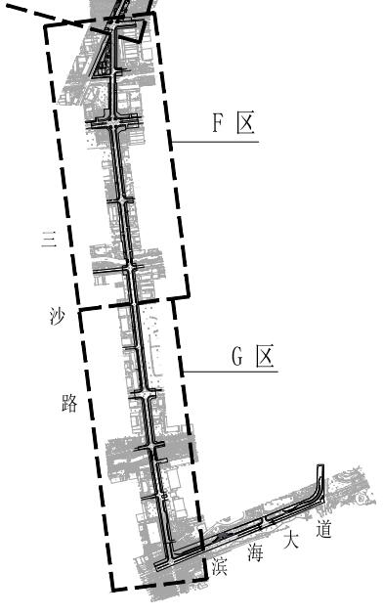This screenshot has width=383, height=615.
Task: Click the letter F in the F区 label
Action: tap(218, 123)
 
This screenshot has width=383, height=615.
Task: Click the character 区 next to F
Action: tap(246, 122)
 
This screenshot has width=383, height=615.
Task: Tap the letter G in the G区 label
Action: tap(237, 357)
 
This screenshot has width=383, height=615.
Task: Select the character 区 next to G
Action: tap(265, 356)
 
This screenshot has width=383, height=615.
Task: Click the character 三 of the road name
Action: tap(50, 239)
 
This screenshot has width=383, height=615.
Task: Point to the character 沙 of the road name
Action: tap(58, 316)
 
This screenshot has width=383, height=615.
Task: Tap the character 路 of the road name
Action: tap(69, 403)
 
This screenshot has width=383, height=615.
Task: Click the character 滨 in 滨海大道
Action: tap(220, 566)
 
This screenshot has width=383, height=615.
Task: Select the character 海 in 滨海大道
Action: tap(255, 553)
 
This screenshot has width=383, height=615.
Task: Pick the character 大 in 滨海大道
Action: tap(291, 540)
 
